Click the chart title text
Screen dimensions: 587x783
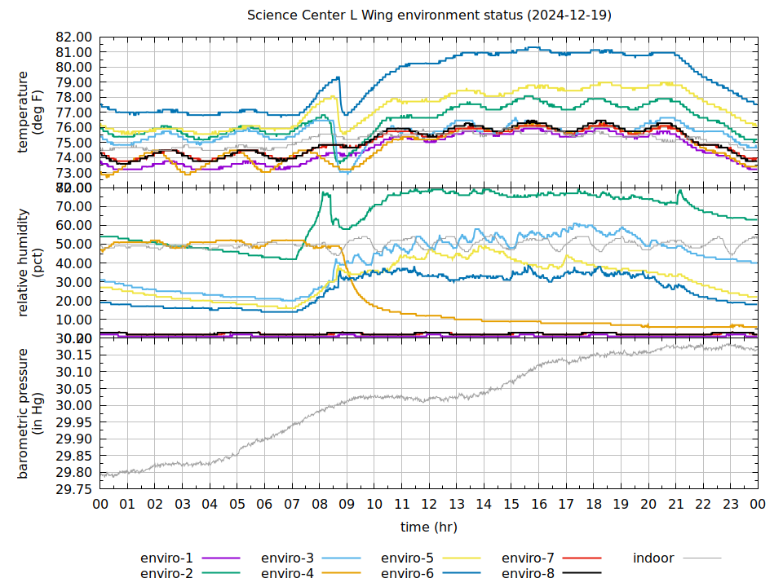coord(429,15)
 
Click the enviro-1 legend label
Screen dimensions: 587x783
coord(166,558)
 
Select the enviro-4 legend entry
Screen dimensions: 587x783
coord(287,574)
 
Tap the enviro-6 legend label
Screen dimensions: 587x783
coord(407,574)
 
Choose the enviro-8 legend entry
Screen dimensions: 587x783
coord(528,574)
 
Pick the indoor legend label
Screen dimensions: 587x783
coord(653,558)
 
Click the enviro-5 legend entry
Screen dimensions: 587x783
coord(407,558)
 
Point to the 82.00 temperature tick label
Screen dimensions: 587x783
coord(74,38)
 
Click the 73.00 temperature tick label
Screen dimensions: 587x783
coord(74,173)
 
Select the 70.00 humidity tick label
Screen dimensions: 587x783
coord(74,206)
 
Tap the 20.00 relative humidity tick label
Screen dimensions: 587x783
coord(74,301)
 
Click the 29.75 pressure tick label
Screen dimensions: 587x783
coord(74,490)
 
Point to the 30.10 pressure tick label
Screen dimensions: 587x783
coord(74,372)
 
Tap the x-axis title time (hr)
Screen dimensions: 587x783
coord(428,527)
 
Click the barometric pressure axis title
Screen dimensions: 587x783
coord(30,413)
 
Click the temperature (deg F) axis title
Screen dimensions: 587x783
coord(30,112)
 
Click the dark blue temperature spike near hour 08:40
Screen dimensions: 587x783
coord(338,78)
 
